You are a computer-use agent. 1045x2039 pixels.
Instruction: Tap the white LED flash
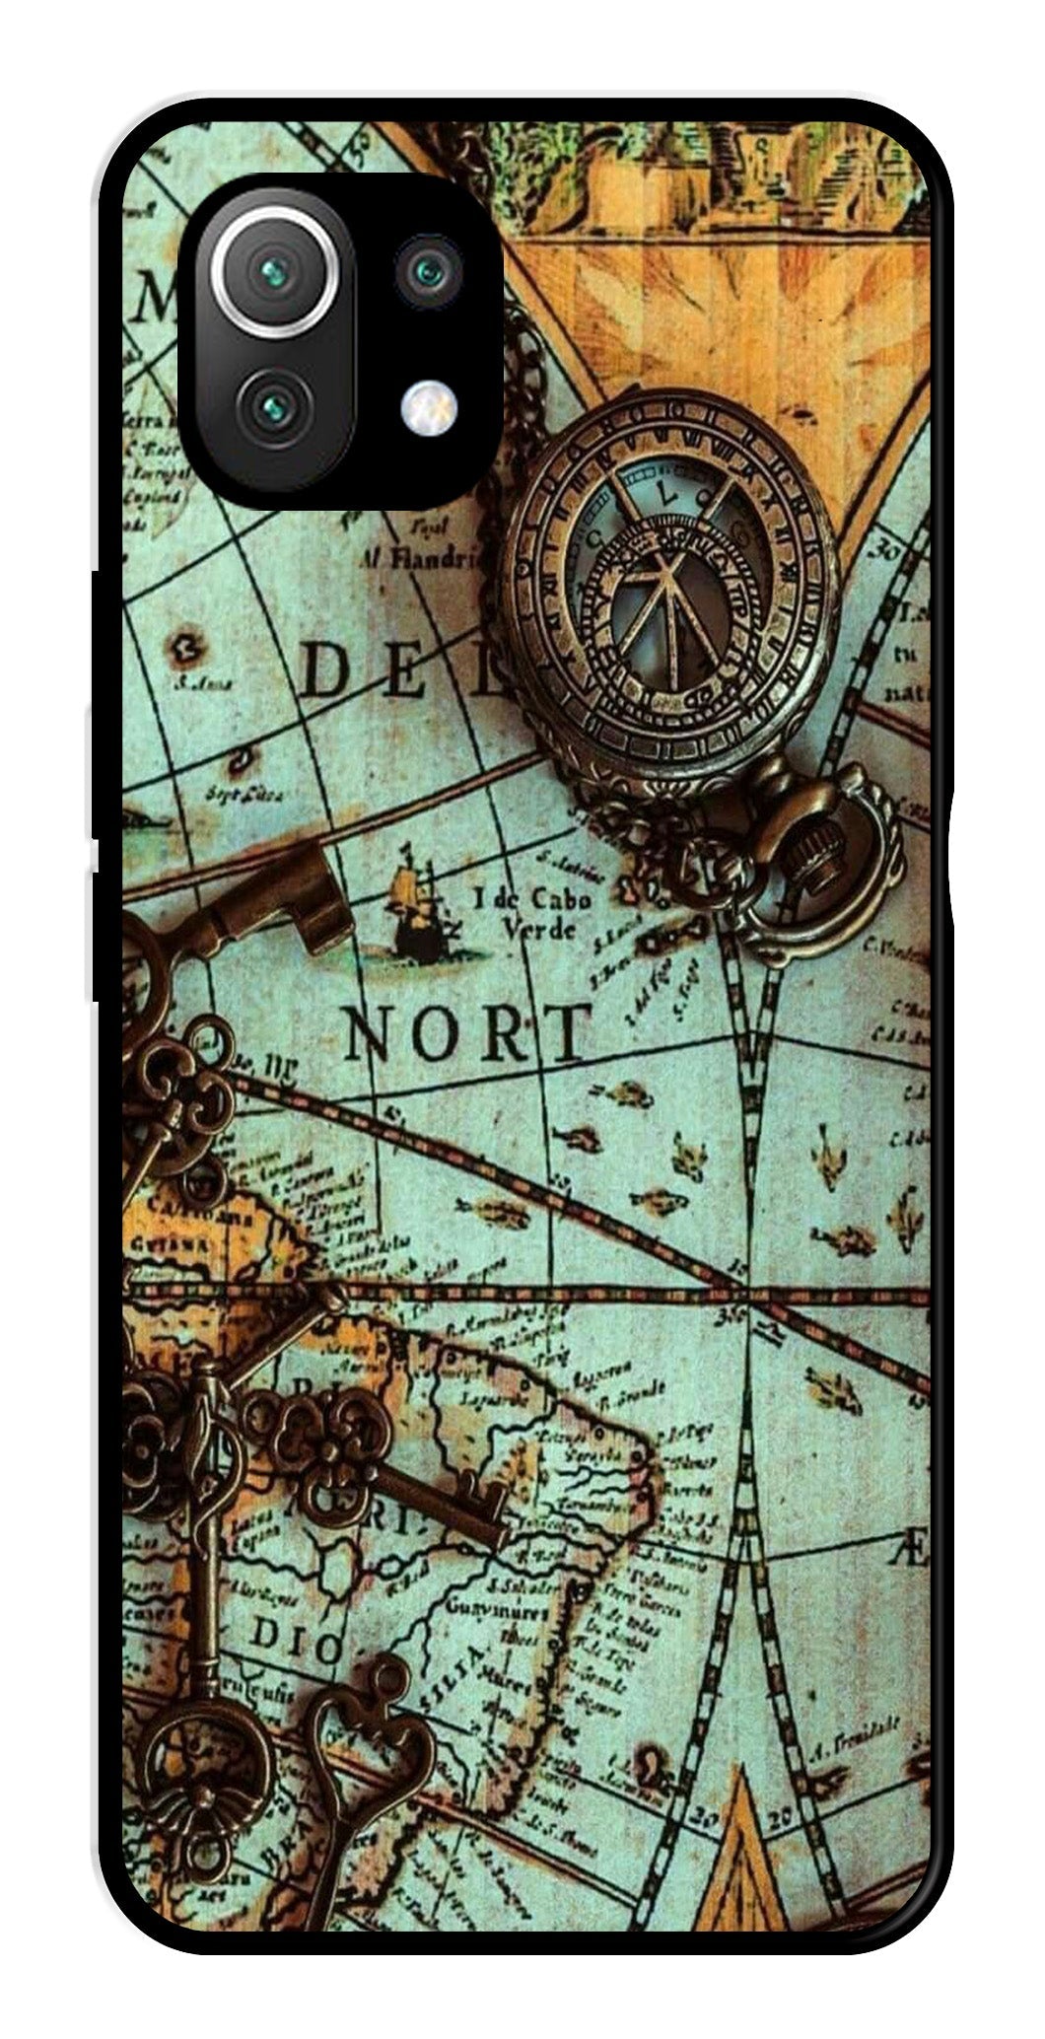click(429, 404)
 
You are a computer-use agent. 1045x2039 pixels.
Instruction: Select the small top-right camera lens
click(429, 269)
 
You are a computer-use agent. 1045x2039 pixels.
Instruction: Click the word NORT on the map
click(468, 1031)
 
